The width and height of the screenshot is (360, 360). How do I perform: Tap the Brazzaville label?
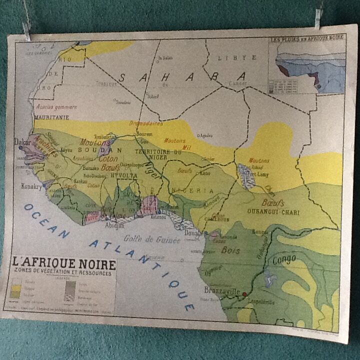pos(221,290)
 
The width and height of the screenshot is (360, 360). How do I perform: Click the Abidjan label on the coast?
pos(115,225)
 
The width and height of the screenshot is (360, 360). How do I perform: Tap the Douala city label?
pos(194,233)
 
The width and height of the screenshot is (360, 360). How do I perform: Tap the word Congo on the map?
pos(284,259)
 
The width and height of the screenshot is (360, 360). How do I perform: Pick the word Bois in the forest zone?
pos(231,250)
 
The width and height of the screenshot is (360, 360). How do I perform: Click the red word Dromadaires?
pos(145,123)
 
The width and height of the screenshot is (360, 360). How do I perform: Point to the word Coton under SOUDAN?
pos(108,158)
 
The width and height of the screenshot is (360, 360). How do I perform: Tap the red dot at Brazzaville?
pos(244,294)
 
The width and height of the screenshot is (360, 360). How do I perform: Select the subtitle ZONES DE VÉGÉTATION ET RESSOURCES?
pos(63,272)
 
